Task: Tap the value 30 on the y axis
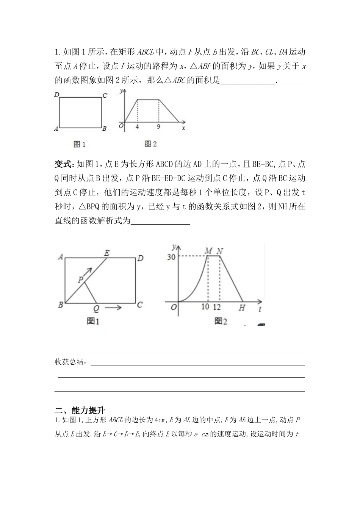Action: point(171,257)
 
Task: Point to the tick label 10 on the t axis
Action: point(205,307)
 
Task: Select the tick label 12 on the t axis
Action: point(217,307)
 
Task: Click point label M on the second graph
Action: point(208,251)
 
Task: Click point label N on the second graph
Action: point(219,251)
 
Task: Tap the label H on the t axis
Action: point(241,308)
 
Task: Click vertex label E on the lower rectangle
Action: point(107,253)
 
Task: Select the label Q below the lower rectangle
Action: point(96,309)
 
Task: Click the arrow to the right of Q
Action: point(113,308)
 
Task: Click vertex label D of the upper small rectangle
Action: point(57,95)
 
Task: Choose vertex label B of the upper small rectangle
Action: point(105,129)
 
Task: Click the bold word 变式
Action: point(63,164)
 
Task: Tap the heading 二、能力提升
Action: point(80,410)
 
